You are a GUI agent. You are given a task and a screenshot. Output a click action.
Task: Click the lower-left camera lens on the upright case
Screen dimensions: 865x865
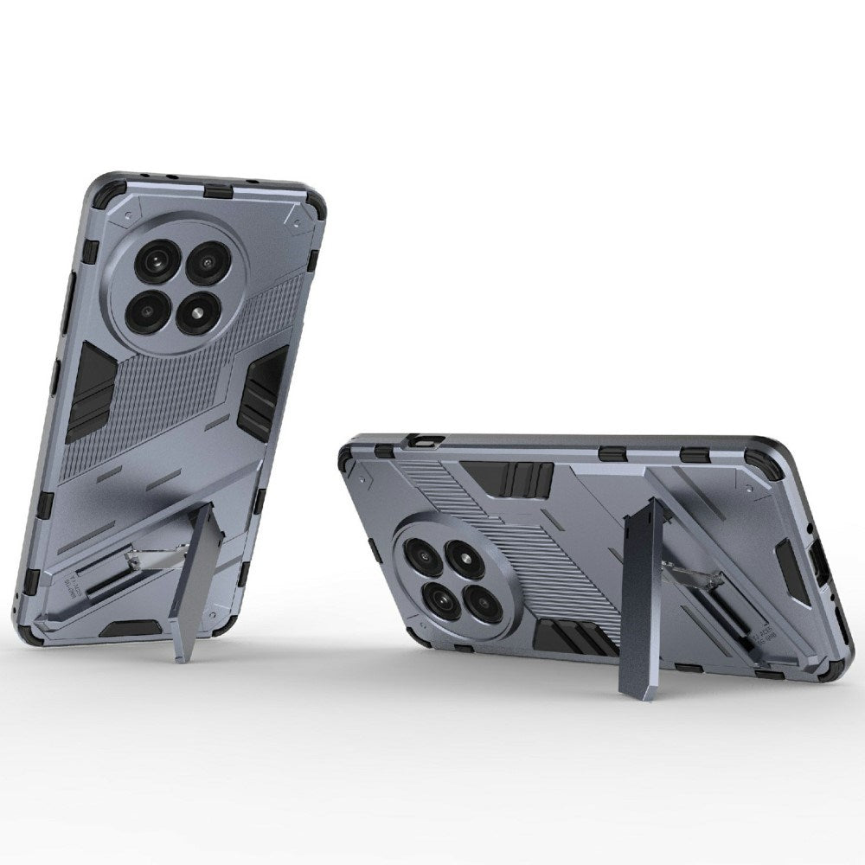[x=150, y=305]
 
